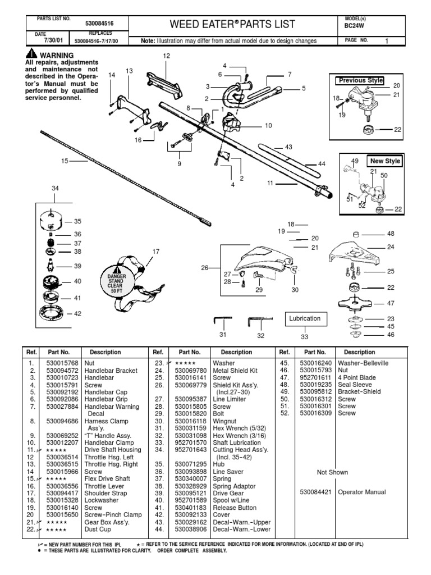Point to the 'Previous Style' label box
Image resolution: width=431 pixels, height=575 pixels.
pyautogui.click(x=361, y=80)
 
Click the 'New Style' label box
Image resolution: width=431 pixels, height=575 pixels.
pyautogui.click(x=385, y=161)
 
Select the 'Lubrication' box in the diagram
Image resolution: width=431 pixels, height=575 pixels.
pyautogui.click(x=304, y=318)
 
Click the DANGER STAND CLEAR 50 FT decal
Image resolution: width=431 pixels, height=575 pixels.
pyautogui.click(x=122, y=279)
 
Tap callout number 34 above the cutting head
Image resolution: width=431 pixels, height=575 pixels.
pyautogui.click(x=55, y=189)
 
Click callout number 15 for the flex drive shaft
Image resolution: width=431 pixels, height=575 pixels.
pyautogui.click(x=64, y=161)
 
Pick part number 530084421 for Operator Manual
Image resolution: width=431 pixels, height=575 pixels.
pyautogui.click(x=318, y=492)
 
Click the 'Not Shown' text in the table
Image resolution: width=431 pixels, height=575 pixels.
pyautogui.click(x=332, y=472)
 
